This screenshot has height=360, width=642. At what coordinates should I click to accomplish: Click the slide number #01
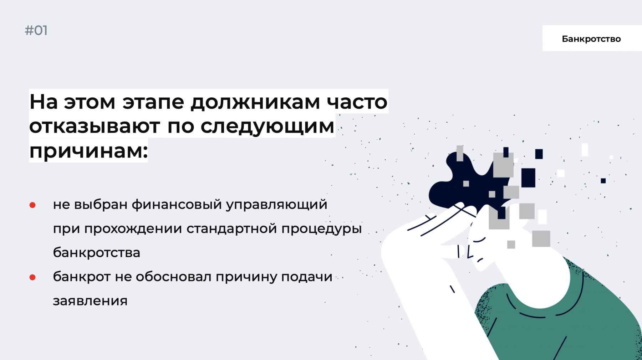click(x=36, y=31)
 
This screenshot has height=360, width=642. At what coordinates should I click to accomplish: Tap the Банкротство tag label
click(x=591, y=38)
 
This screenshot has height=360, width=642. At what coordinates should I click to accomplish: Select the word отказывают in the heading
click(x=95, y=126)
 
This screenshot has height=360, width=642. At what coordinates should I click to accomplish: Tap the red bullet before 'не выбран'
click(x=32, y=205)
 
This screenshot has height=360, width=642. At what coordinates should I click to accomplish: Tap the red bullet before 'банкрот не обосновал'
click(x=32, y=277)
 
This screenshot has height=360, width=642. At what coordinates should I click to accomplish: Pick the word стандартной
click(x=231, y=229)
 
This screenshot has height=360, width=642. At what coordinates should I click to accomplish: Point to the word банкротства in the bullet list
click(x=97, y=252)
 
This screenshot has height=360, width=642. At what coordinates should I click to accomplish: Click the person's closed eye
click(x=479, y=240)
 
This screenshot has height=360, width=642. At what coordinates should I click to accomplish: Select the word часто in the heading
click(x=357, y=102)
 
